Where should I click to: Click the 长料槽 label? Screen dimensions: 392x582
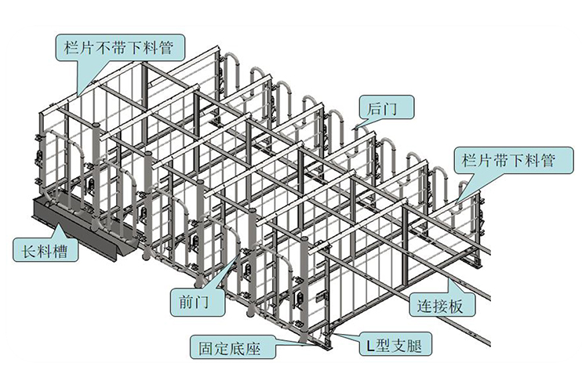click(x=45, y=252)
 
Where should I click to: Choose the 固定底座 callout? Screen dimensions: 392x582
click(x=231, y=345)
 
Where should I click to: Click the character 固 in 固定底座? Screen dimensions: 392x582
click(x=206, y=345)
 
